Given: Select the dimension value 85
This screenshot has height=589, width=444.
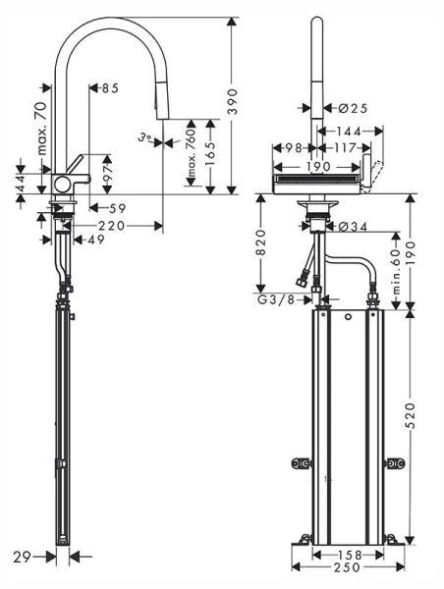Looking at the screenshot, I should (108, 88).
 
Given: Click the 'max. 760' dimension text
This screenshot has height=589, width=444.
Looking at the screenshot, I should (194, 154).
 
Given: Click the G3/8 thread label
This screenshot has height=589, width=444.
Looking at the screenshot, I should (275, 298).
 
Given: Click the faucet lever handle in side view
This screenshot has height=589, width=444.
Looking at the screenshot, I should (76, 162).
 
